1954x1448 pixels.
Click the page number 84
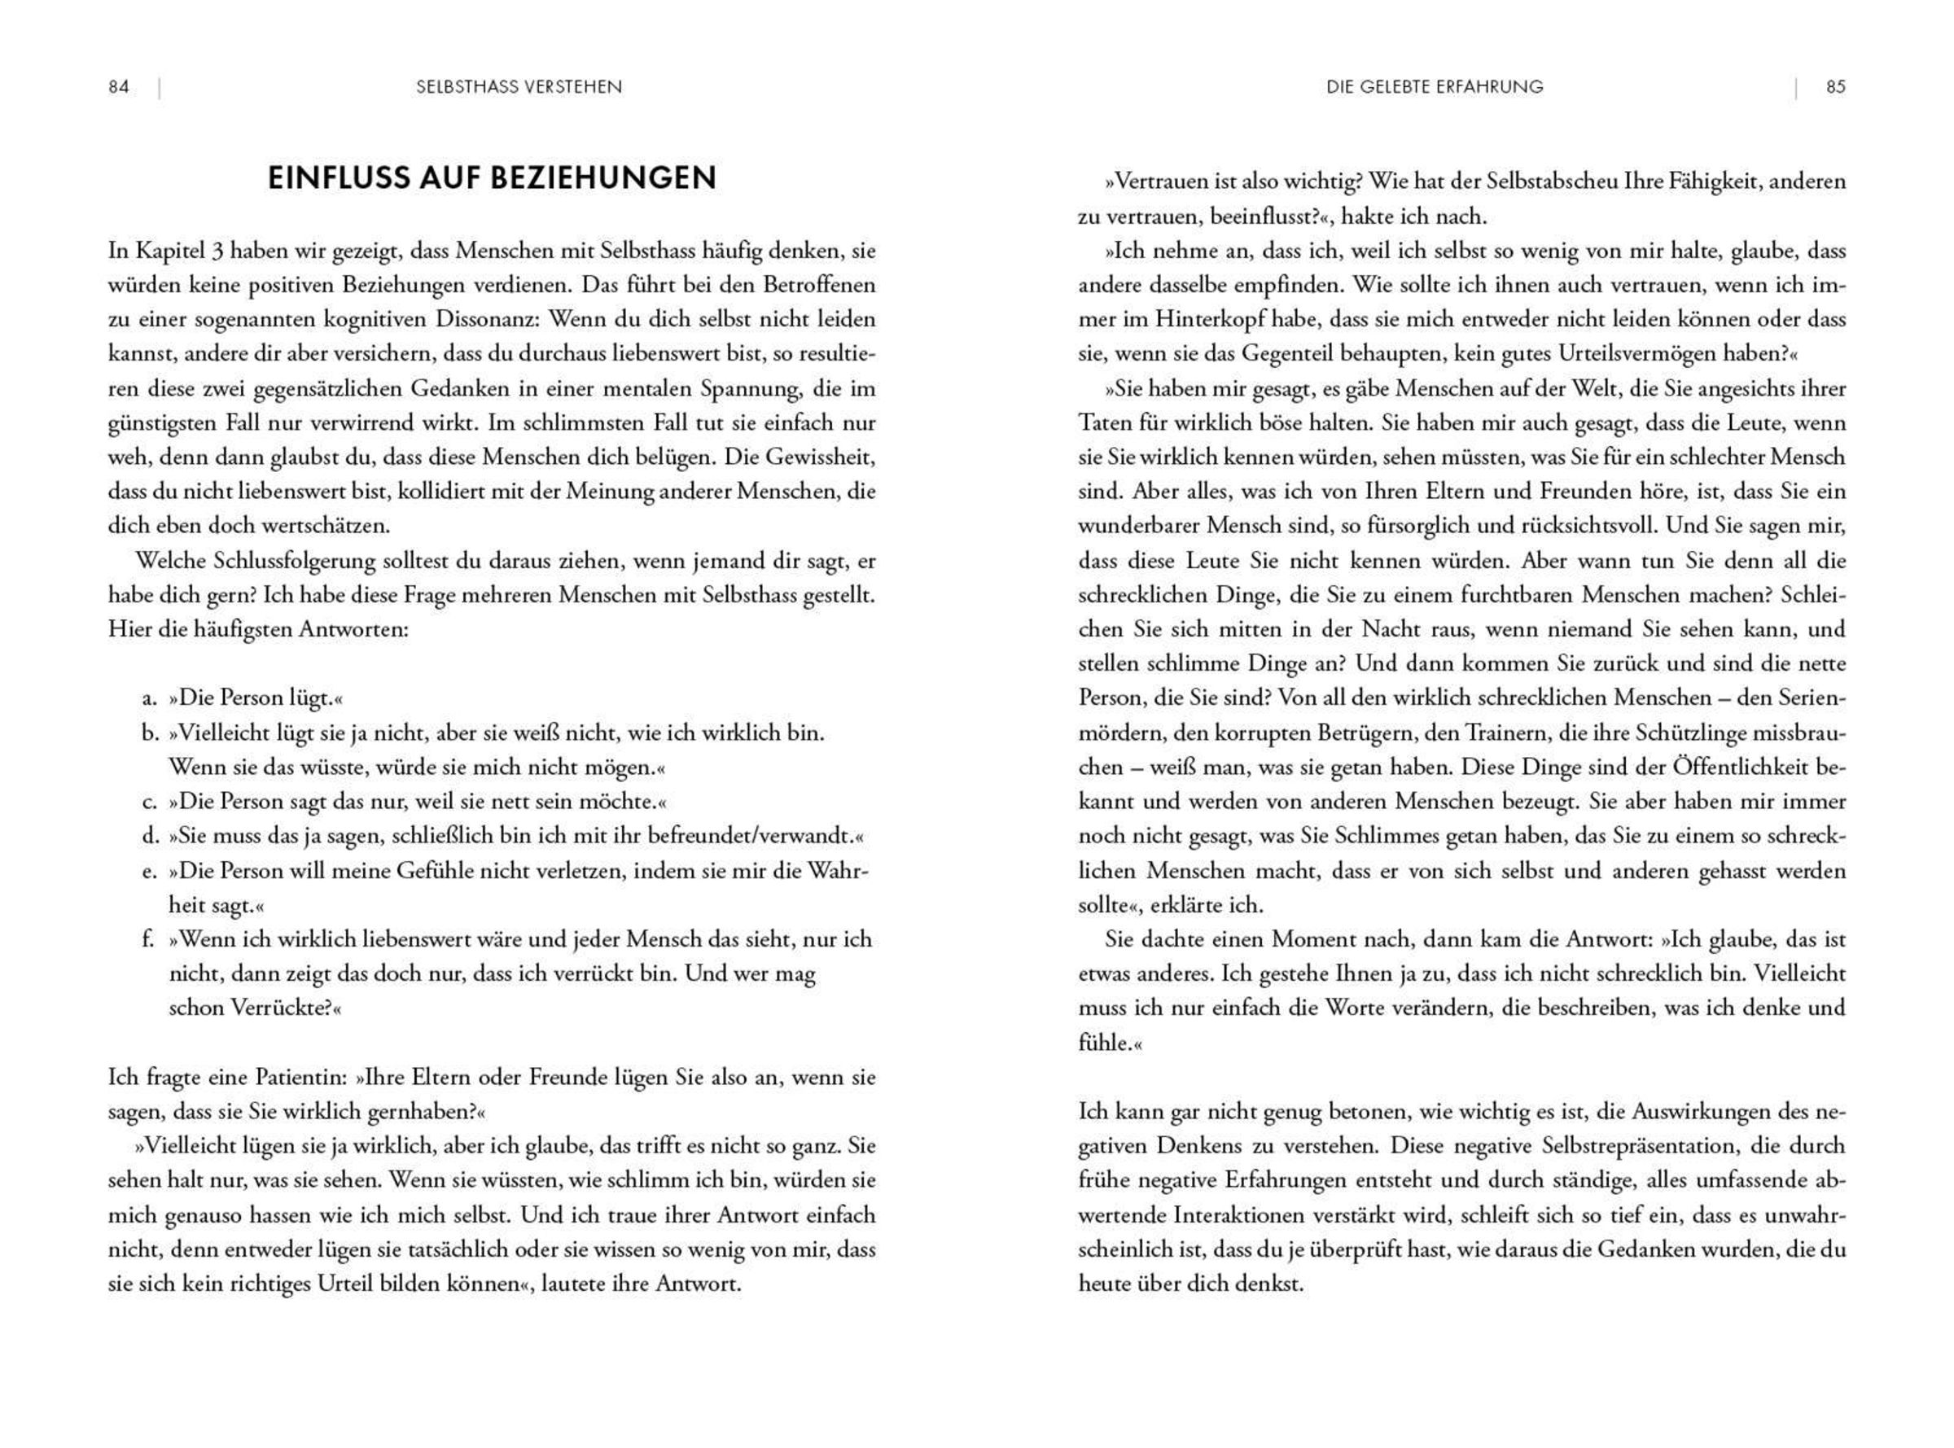pos(118,87)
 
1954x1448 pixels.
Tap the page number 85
pos(1836,87)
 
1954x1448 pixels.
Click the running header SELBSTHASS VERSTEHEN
pos(519,87)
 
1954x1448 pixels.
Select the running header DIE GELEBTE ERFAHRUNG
pos(1435,87)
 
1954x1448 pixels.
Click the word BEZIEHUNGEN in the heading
pos(602,178)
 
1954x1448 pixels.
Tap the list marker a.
pos(148,698)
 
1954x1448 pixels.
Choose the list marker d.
pos(149,836)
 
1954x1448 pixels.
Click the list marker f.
pos(148,939)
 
